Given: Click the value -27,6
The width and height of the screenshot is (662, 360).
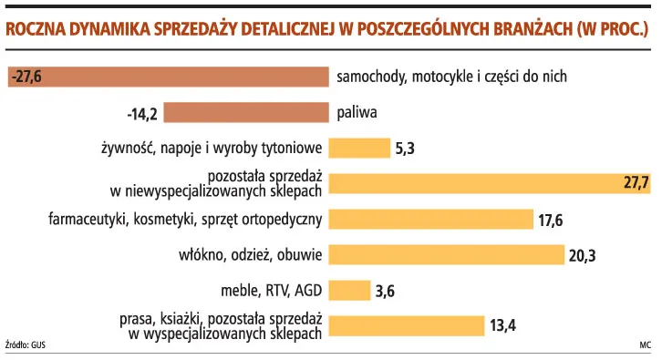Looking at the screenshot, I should click(x=27, y=77).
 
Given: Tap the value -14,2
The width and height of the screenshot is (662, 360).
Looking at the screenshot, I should click(x=143, y=114).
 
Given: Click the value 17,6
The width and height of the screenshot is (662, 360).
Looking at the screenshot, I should click(x=552, y=220).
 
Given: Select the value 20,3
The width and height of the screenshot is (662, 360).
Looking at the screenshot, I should click(x=582, y=255).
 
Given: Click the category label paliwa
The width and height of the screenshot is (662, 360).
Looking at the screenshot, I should click(x=357, y=113).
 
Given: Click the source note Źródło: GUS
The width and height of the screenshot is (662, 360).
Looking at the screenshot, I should click(x=25, y=345).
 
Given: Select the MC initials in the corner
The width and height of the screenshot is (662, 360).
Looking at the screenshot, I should click(x=645, y=345).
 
